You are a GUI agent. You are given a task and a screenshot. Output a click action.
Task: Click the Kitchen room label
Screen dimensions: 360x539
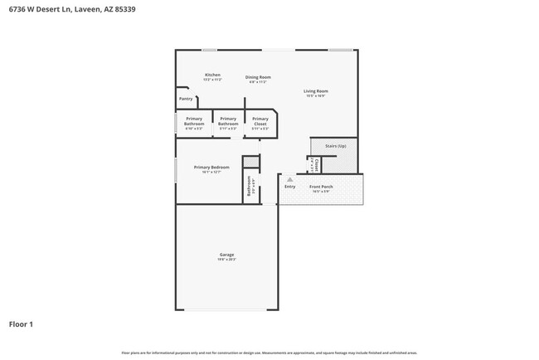click(x=212, y=75)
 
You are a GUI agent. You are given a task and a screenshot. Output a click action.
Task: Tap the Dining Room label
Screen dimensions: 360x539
click(x=259, y=77)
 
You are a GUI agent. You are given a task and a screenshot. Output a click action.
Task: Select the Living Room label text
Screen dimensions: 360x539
click(x=315, y=90)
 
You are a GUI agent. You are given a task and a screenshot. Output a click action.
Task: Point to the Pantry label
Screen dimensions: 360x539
click(x=186, y=99)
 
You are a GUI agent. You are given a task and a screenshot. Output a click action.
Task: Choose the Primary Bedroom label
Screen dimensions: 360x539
click(x=211, y=167)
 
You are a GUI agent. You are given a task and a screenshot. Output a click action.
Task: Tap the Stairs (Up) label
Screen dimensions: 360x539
click(x=335, y=146)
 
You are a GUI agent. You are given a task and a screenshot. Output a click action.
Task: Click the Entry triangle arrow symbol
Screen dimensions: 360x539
click(x=289, y=179)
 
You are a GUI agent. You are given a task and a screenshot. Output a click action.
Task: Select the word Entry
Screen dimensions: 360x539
click(x=289, y=187)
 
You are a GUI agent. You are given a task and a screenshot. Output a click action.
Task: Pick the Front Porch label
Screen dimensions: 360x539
click(x=321, y=187)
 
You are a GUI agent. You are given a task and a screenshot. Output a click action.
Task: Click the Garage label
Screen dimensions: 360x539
click(x=226, y=255)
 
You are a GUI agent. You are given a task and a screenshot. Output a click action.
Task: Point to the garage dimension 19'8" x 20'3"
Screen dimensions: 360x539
click(x=226, y=260)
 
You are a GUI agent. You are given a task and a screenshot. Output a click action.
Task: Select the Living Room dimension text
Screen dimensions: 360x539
click(x=315, y=95)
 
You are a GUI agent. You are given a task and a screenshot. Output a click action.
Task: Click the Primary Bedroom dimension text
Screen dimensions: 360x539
click(x=211, y=172)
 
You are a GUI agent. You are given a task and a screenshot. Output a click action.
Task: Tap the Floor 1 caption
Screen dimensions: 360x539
click(x=22, y=324)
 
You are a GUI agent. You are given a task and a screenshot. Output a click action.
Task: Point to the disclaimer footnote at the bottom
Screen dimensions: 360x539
click(x=269, y=352)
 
